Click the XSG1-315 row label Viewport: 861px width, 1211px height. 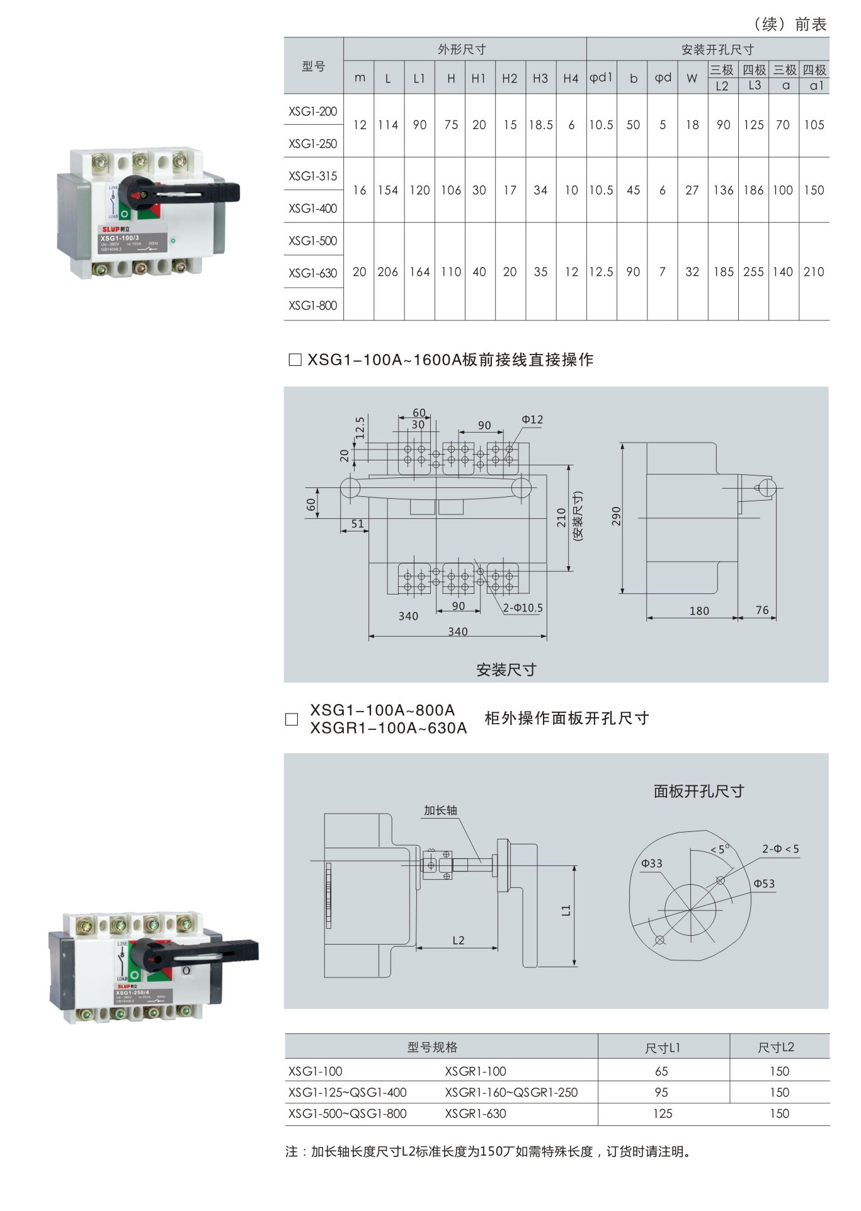[313, 176]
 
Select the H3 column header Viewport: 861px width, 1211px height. [540, 79]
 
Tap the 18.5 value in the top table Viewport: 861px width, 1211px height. [540, 125]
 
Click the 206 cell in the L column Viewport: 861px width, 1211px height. [388, 272]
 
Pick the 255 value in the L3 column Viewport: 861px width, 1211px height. [753, 272]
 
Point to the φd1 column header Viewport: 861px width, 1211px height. [601, 77]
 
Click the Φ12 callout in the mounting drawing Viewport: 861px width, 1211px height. [532, 419]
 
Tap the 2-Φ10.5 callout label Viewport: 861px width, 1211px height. [523, 608]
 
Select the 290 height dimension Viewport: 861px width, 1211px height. [616, 516]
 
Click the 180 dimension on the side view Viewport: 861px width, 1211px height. [699, 611]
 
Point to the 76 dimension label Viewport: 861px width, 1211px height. [762, 610]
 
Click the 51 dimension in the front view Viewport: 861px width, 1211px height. [357, 523]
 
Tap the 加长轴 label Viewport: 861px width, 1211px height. [440, 810]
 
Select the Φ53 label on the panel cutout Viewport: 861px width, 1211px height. [764, 884]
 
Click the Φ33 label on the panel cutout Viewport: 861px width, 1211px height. [652, 863]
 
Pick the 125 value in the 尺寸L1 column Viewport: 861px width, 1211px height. [663, 1113]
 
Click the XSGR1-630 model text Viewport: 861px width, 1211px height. [476, 1113]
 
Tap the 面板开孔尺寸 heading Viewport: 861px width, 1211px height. [698, 791]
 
